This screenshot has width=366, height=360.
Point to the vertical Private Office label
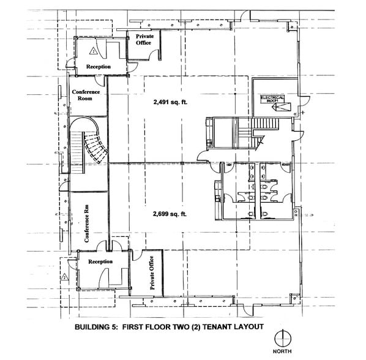(152, 273)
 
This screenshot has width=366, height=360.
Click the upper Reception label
(98, 66)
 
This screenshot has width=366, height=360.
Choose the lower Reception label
(100, 261)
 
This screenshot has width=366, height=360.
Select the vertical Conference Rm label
(87, 225)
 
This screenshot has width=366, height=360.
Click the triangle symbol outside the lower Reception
(63, 277)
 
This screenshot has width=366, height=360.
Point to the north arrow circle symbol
(283, 337)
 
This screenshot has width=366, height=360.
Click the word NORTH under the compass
(283, 353)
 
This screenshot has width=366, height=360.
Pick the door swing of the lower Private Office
(137, 257)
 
